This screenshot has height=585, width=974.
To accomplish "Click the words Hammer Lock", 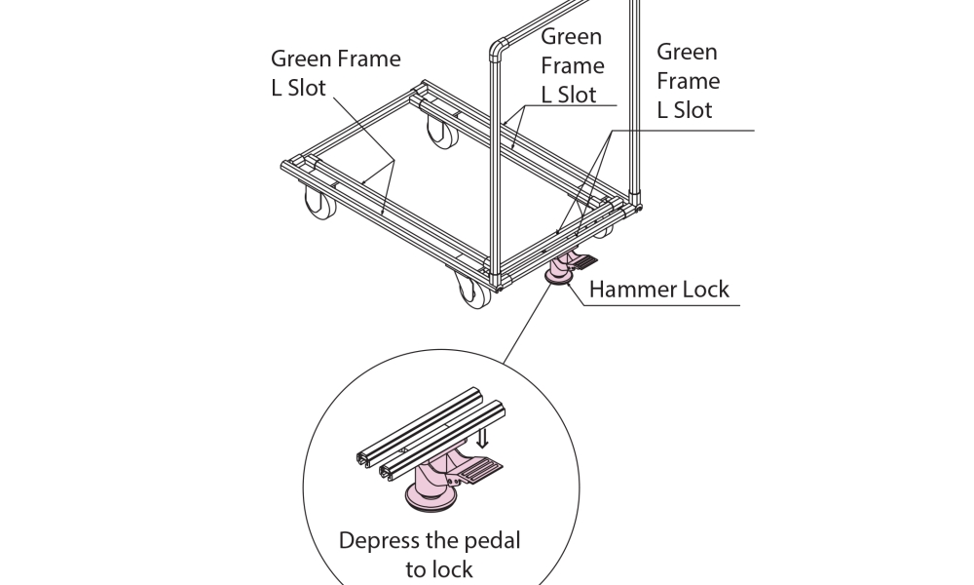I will coord(658,290).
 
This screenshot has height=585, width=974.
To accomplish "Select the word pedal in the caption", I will coord(492,539).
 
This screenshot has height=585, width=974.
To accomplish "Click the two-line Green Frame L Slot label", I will coord(335,72).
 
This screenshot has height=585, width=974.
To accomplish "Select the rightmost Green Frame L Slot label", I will coord(688,81).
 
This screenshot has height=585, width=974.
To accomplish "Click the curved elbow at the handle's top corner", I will coord(499,47).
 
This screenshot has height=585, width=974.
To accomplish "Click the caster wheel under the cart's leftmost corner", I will coord(318,204).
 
